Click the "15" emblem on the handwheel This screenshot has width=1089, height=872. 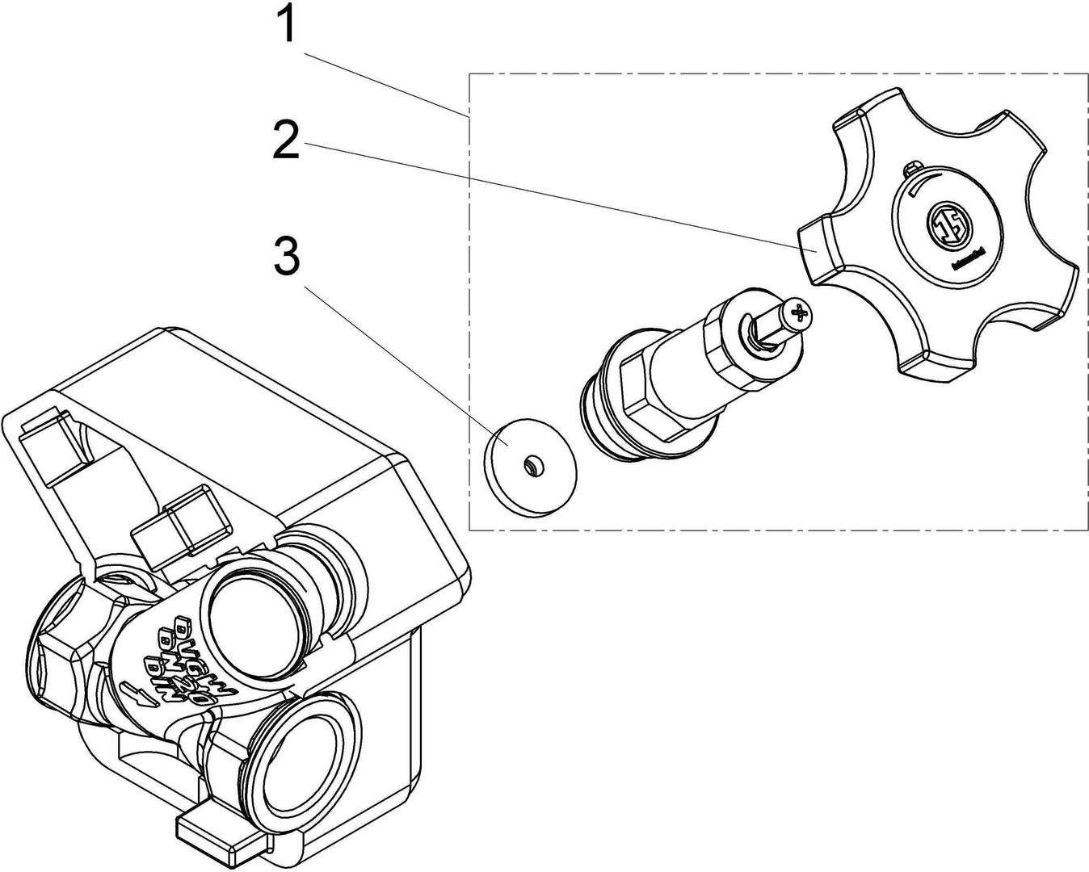pos(944,223)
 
